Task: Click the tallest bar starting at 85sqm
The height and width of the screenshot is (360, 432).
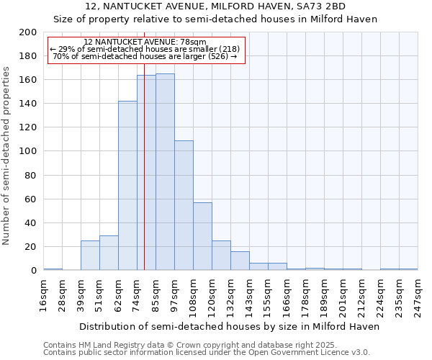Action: [x=165, y=172]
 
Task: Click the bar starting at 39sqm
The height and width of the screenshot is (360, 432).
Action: [x=90, y=256]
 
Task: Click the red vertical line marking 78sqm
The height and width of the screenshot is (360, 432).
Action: [x=144, y=180]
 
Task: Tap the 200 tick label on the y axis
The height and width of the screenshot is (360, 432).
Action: [x=28, y=32]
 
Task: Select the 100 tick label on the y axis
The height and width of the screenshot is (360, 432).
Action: [x=28, y=151]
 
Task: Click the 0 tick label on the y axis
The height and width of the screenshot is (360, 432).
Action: [x=33, y=271]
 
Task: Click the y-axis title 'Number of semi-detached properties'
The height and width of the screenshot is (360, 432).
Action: [x=7, y=156]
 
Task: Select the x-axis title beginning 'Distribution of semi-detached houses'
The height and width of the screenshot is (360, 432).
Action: [x=229, y=326]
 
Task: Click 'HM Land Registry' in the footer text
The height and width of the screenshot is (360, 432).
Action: [x=110, y=345]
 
